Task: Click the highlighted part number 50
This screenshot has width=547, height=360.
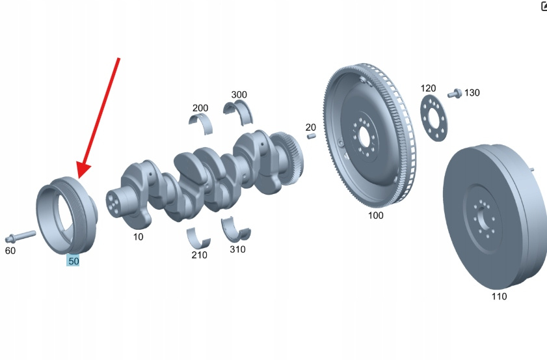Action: (73, 261)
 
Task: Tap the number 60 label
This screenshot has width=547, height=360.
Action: (10, 251)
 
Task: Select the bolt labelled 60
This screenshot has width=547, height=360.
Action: (20, 236)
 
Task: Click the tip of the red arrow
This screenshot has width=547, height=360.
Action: (79, 178)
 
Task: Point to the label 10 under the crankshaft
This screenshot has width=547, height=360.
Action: (138, 237)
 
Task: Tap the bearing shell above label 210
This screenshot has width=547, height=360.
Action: (198, 238)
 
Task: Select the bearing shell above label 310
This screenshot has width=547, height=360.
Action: (235, 229)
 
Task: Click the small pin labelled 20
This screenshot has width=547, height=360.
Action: (312, 136)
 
